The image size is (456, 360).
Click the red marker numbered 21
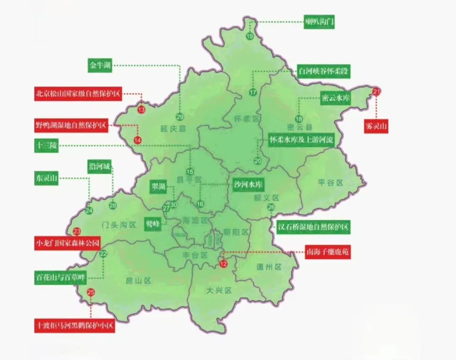(377, 92)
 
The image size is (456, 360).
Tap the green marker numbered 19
(250, 37)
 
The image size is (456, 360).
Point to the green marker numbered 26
(271, 207)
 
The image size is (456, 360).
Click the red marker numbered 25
(91, 292)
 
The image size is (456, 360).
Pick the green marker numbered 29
(180, 117)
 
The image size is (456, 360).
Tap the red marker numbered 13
(141, 109)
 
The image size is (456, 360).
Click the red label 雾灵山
(376, 126)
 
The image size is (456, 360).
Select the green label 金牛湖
(100, 65)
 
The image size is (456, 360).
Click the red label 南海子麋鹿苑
(328, 252)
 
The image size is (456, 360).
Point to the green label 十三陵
(46, 146)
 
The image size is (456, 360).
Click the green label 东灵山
(46, 178)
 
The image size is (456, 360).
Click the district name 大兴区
(220, 290)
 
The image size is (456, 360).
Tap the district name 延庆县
(173, 129)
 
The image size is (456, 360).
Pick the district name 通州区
(269, 267)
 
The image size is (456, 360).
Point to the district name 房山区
(138, 280)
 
